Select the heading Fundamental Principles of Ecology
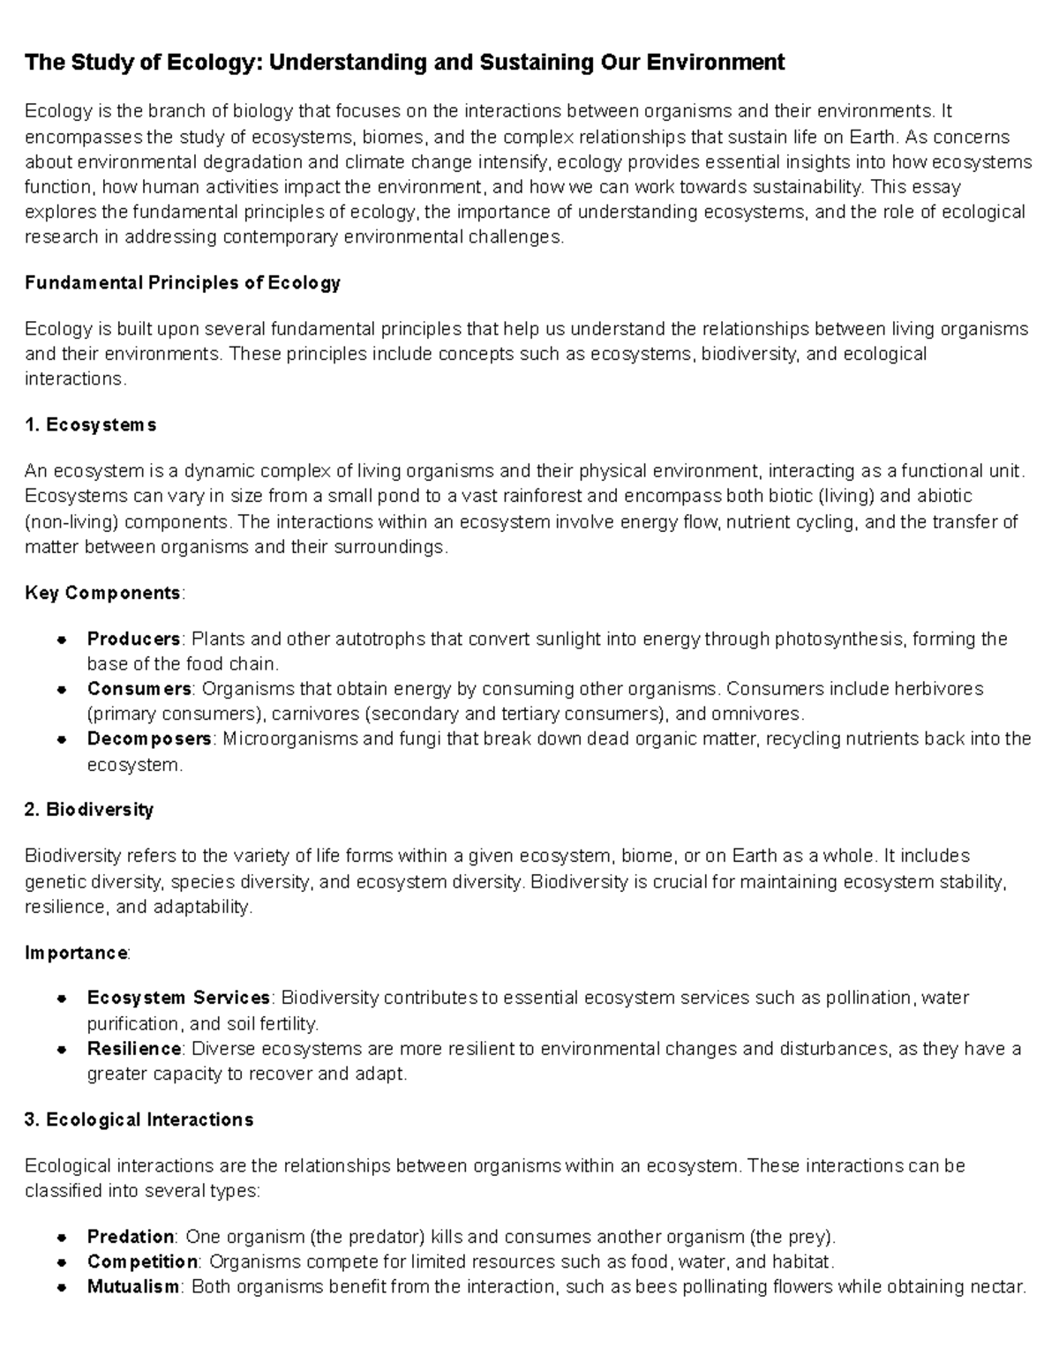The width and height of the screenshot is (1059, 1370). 182,283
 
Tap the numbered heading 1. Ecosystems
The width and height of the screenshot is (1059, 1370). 91,425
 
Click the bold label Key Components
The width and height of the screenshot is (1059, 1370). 103,593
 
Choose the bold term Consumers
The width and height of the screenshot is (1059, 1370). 139,688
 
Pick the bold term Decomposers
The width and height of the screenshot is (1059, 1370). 149,738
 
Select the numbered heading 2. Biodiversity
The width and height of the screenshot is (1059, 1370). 89,810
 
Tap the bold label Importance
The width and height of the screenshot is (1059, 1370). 77,953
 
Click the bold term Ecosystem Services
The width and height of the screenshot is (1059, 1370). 178,998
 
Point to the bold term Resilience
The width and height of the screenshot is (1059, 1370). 134,1049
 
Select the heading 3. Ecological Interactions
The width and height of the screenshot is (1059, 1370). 139,1120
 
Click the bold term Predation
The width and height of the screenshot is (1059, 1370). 131,1236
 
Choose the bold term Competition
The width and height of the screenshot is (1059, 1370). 142,1261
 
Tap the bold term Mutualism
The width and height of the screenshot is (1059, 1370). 132,1287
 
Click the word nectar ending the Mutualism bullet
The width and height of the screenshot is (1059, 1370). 1000,1287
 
